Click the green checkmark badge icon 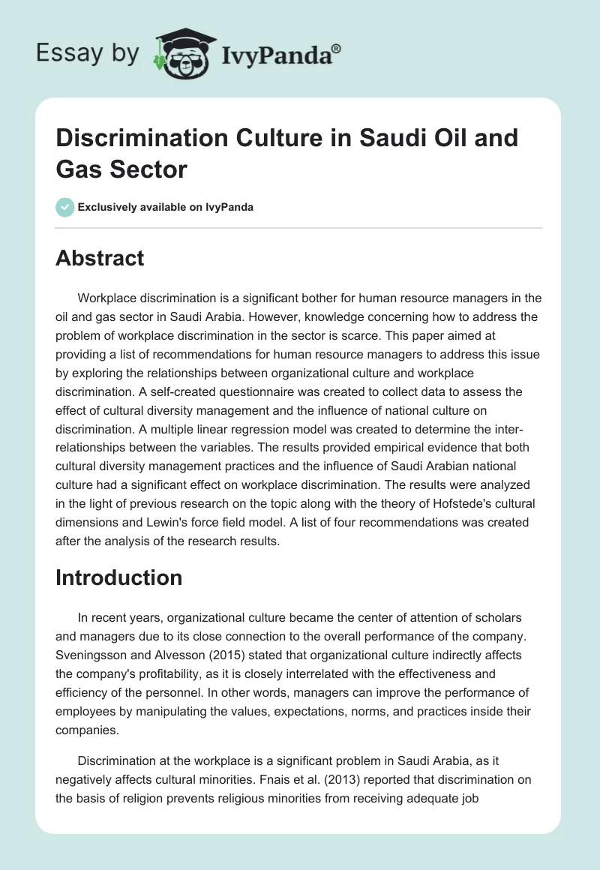point(65,207)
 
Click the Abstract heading point(100,258)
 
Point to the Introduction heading point(118,577)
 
